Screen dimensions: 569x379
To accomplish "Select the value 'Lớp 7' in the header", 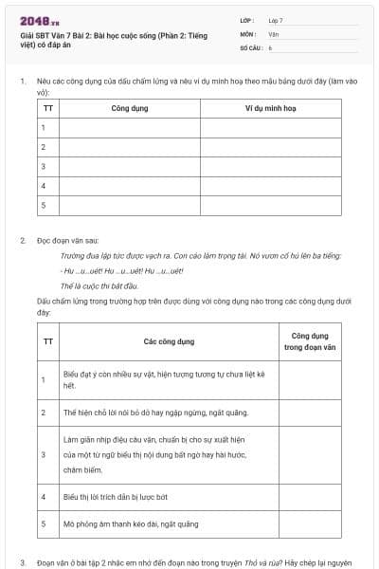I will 276,20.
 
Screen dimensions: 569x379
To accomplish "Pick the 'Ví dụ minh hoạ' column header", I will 270,108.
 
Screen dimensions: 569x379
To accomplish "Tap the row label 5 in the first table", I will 44,204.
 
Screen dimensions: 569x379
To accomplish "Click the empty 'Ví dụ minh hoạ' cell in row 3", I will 270,166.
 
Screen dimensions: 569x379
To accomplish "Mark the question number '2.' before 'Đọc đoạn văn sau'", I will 23,241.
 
